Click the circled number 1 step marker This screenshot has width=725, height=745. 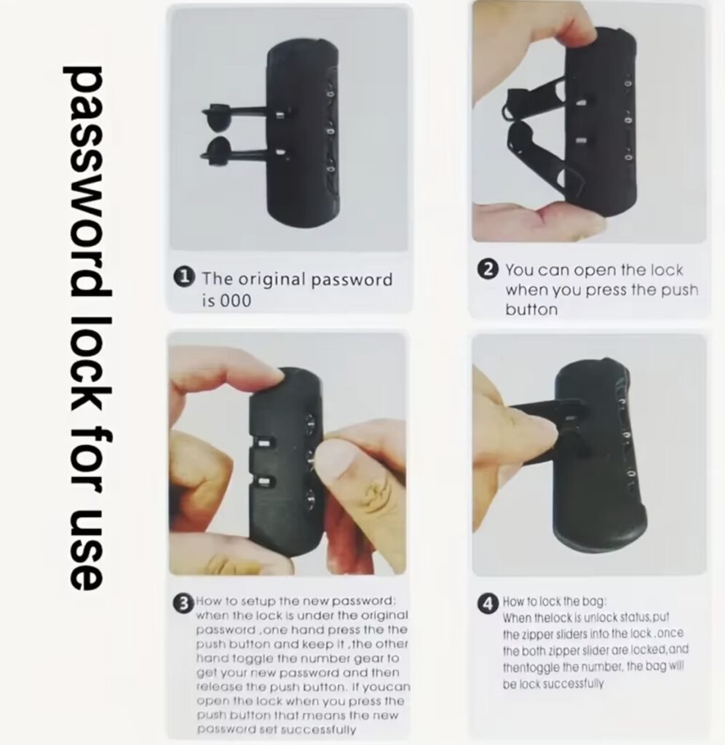(x=184, y=278)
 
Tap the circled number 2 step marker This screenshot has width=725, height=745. (x=488, y=269)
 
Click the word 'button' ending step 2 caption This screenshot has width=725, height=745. (x=531, y=310)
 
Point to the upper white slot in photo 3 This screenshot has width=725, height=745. (x=263, y=444)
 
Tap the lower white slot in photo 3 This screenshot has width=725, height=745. (x=264, y=482)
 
